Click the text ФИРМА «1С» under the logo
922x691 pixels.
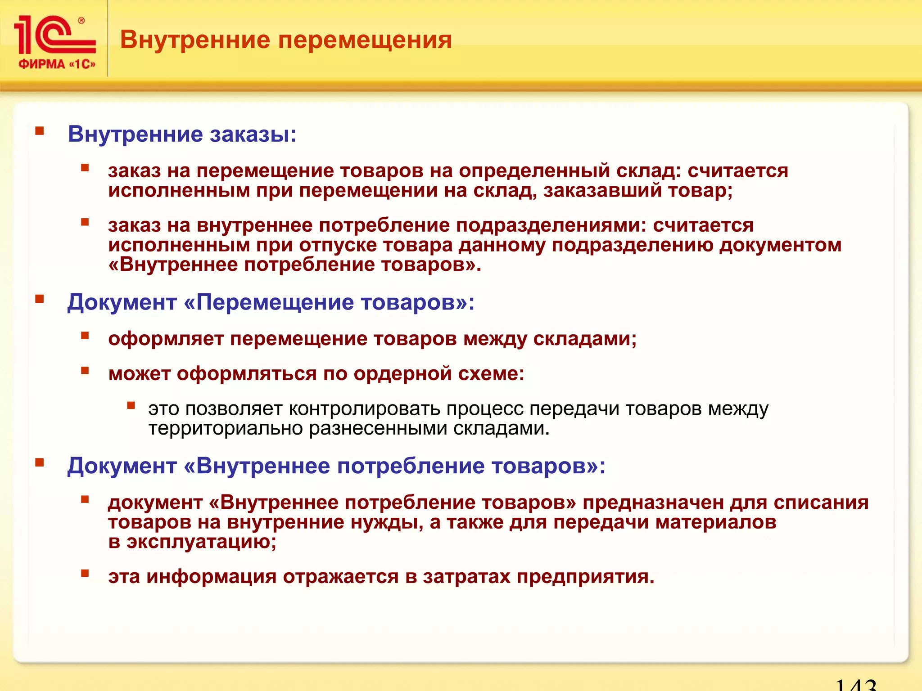pos(57,64)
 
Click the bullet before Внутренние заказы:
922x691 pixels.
pos(40,131)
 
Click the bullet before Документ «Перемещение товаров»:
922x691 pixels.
pos(40,299)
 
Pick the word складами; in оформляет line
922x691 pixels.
pos(585,339)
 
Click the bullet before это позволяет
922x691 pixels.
pos(131,405)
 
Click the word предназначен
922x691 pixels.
pos(653,503)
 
